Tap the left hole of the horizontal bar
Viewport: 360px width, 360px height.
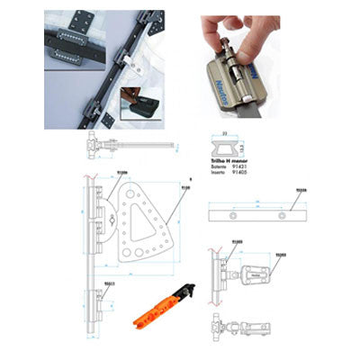235,218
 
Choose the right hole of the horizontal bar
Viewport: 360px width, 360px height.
287,218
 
